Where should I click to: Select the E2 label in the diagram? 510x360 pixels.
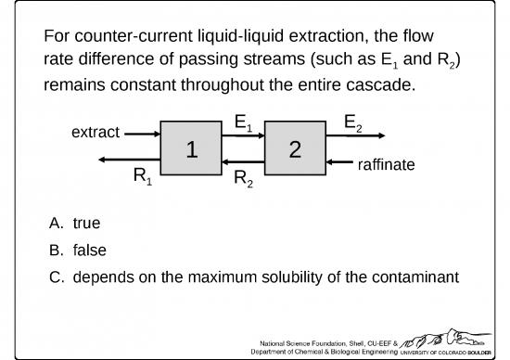coord(353,122)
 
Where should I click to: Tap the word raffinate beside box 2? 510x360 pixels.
coord(385,164)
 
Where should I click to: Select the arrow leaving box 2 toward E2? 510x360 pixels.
coord(351,135)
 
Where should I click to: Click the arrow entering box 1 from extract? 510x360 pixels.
coord(143,134)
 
